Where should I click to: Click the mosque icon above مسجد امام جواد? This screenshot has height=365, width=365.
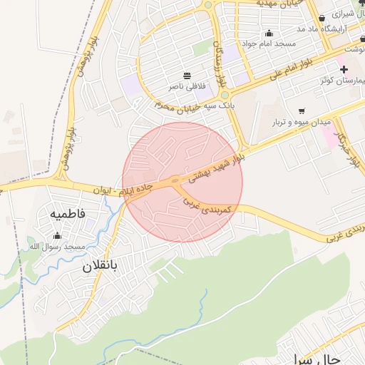tap(269, 33)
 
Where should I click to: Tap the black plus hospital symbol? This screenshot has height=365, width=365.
tap(344, 69)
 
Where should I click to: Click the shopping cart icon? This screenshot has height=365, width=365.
tap(302, 111)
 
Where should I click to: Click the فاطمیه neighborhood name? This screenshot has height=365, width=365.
tap(68, 213)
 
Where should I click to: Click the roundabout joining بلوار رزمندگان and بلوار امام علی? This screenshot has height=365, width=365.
tap(224, 95)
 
